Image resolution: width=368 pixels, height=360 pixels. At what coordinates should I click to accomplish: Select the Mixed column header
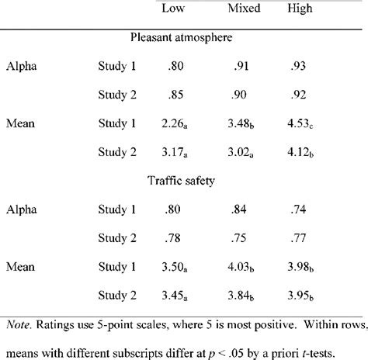pyautogui.click(x=244, y=9)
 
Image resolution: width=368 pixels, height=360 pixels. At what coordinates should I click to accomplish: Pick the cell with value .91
pyautogui.click(x=241, y=67)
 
